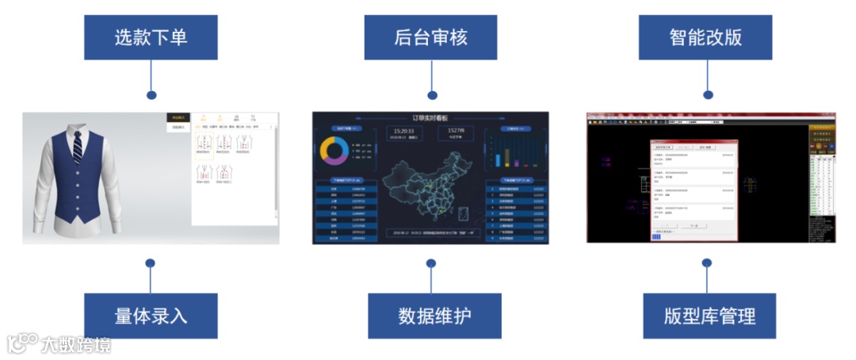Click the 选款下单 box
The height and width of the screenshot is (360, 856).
[x=151, y=37]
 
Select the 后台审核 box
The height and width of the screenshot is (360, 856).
[x=430, y=37]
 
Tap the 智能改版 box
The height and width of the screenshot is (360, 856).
[x=705, y=37]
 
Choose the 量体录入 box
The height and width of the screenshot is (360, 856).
[x=151, y=316]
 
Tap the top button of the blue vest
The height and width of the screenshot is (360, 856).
[x=79, y=169]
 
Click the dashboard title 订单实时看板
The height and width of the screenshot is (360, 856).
[x=430, y=117]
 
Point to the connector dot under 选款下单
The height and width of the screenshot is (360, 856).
[x=151, y=95]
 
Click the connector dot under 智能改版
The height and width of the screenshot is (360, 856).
[x=705, y=95]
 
